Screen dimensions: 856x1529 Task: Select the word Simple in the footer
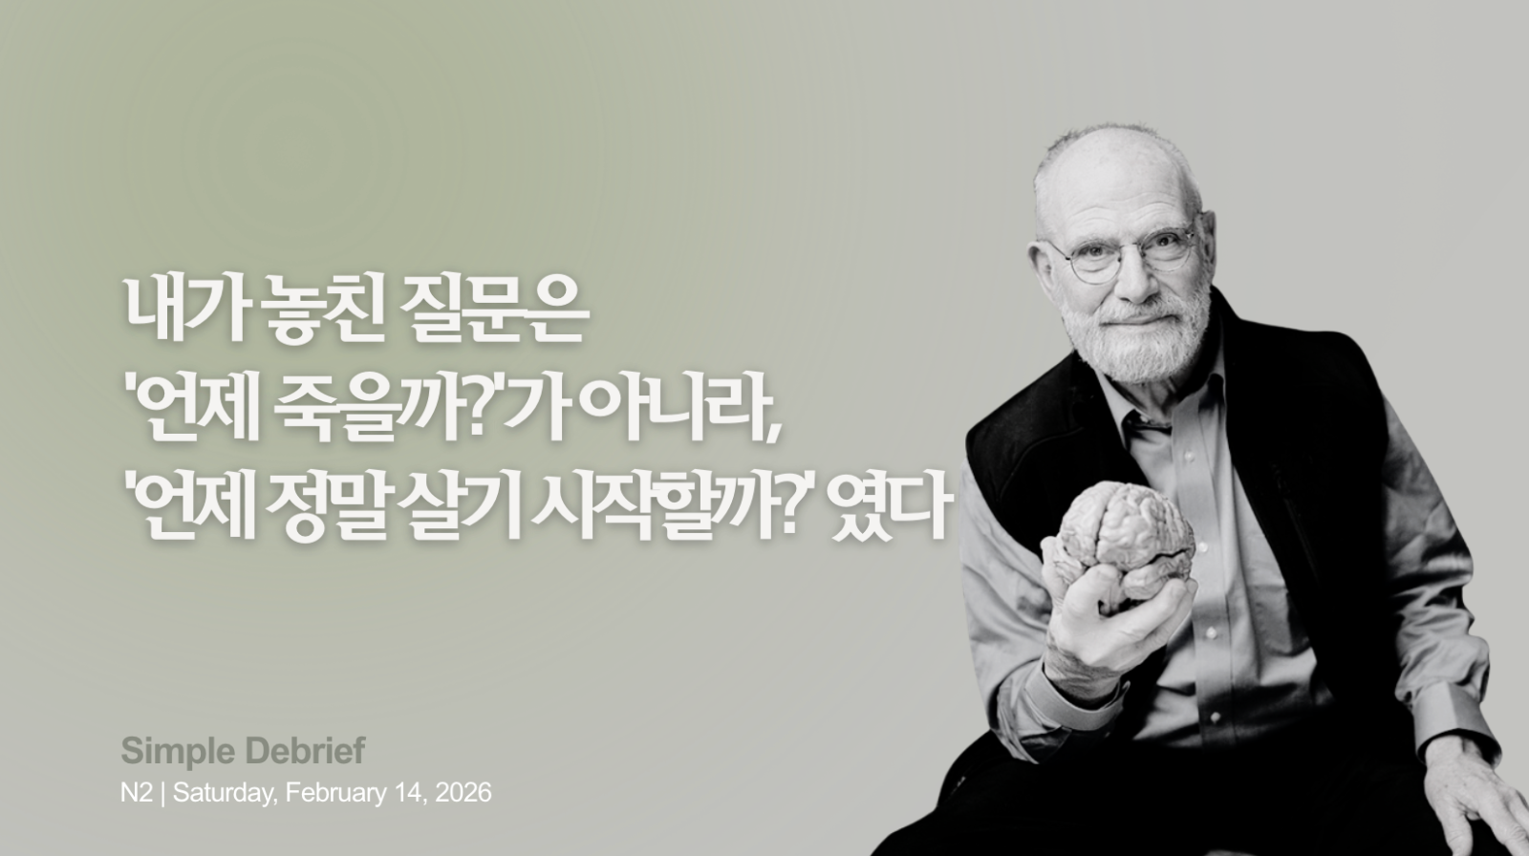(167, 752)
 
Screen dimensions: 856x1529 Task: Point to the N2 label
(136, 793)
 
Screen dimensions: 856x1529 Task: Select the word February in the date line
(330, 793)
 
